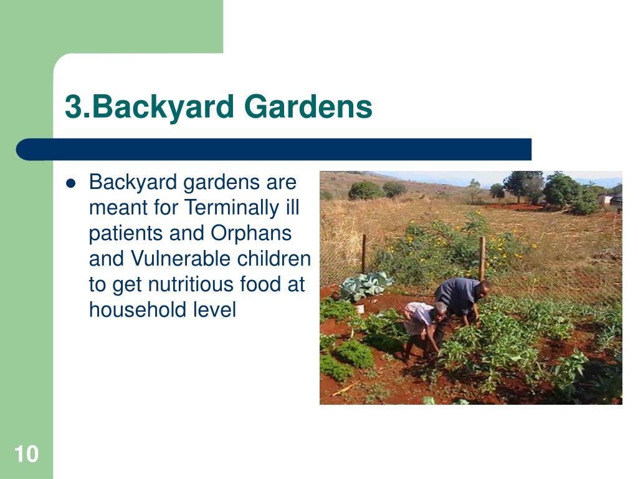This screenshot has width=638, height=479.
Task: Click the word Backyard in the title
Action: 163,107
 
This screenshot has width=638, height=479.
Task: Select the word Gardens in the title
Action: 308,107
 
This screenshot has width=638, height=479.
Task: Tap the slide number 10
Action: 26,454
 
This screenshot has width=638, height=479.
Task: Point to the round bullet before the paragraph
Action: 71,183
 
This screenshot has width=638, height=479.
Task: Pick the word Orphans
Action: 251,234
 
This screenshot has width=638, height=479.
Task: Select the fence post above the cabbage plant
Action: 364,253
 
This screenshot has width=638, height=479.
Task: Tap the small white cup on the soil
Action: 360,309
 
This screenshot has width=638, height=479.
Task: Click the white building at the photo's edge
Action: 610,200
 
